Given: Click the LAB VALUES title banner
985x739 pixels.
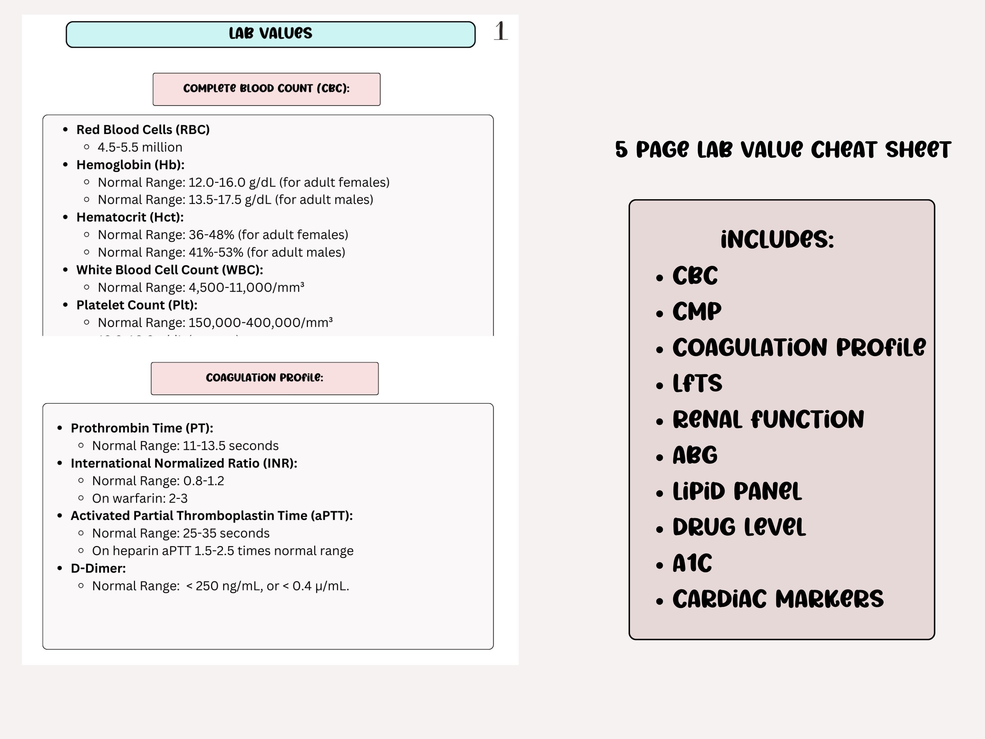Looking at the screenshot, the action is click(270, 34).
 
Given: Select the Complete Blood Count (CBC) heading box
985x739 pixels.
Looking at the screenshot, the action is click(266, 89).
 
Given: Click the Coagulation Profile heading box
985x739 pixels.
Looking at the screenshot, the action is click(264, 378).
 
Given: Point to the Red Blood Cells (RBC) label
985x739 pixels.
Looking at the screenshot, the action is click(143, 130).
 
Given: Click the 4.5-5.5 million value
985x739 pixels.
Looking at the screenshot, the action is click(140, 147).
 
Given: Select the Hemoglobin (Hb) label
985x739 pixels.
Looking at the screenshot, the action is click(130, 165).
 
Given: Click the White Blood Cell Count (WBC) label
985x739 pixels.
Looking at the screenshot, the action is click(169, 270).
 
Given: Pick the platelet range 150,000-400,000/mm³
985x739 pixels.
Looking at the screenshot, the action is click(215, 323).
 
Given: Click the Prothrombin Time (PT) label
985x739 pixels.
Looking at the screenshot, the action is click(142, 428).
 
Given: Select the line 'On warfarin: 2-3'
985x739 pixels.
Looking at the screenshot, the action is click(139, 499).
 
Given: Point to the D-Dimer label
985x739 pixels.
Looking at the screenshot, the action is click(98, 569).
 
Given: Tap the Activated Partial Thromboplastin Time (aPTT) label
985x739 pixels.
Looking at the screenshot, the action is click(212, 516).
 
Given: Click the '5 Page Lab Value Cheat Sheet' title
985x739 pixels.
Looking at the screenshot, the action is click(783, 150).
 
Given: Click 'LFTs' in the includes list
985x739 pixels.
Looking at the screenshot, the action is click(697, 383).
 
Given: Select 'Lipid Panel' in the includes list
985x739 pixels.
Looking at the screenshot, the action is click(737, 491).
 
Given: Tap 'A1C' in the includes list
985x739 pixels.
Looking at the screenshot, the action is click(692, 563).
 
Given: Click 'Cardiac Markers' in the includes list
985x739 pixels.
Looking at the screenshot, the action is click(777, 599).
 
